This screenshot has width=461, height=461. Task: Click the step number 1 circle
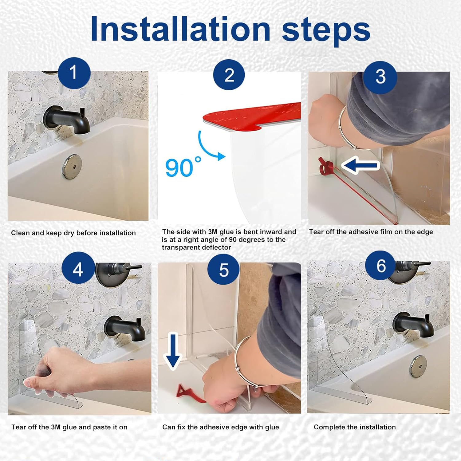point(74,73)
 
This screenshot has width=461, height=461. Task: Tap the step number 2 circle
point(229,75)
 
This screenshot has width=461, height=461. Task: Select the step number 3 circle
point(380,77)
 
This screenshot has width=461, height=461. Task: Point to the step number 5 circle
point(223,270)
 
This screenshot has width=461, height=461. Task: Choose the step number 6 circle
point(381,266)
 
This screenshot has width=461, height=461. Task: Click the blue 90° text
point(183,167)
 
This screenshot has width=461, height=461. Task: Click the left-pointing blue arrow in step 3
point(360,166)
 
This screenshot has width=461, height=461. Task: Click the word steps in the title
point(325,29)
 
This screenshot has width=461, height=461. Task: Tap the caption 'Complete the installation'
point(355,427)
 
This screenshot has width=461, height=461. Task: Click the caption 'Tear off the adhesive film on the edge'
point(371,232)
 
